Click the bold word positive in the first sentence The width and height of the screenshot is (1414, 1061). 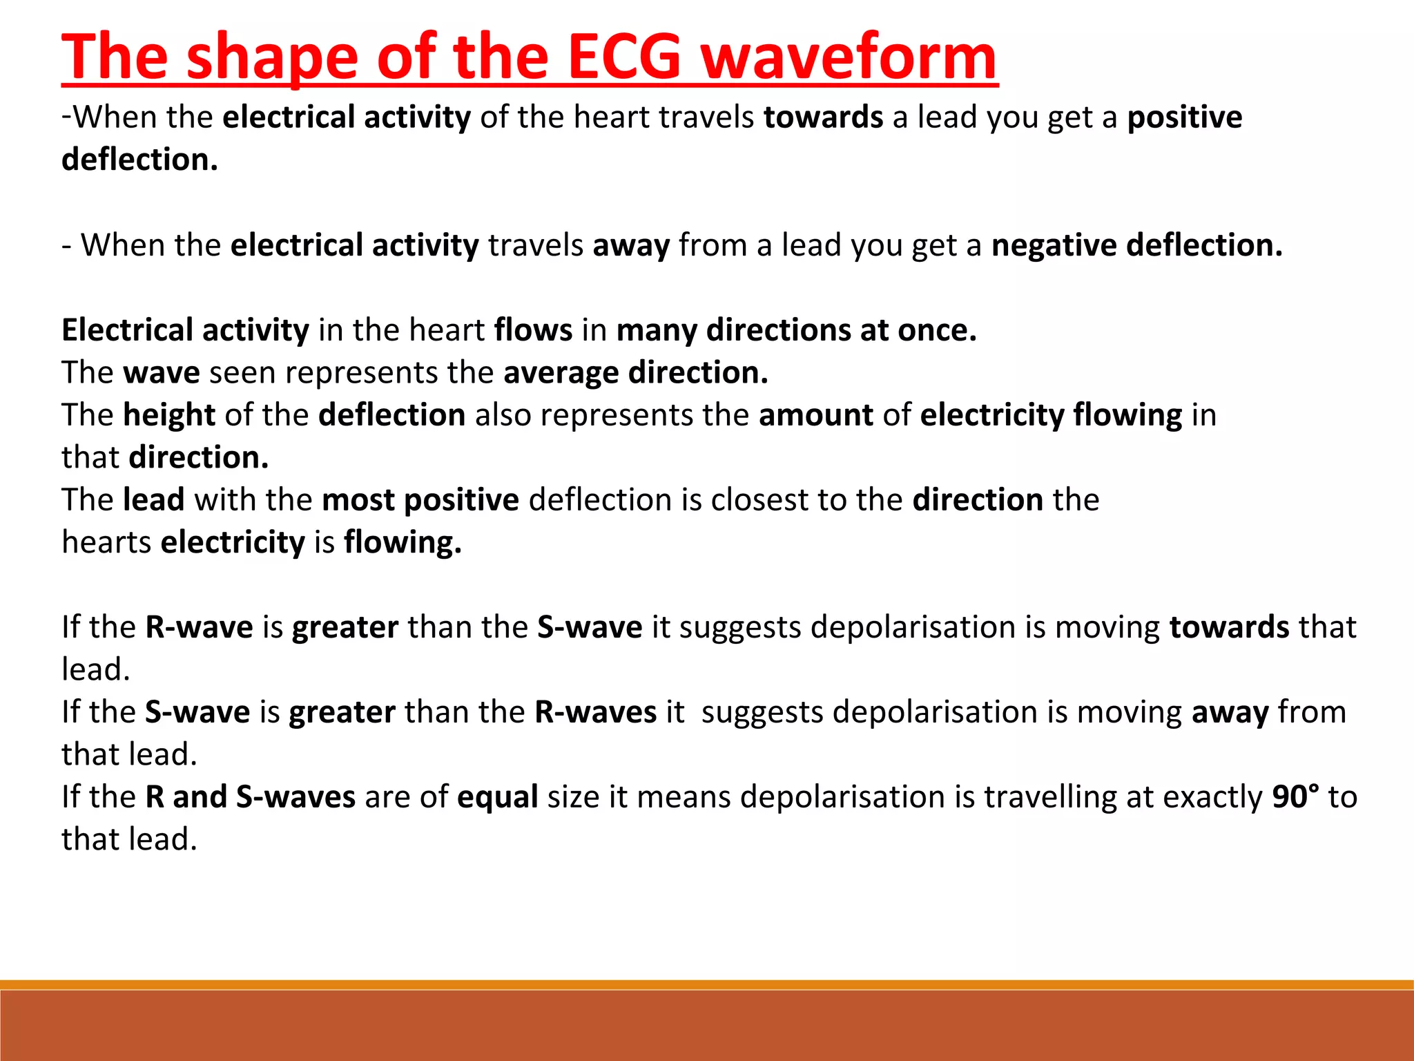1185,117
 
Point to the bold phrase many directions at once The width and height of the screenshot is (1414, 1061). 796,330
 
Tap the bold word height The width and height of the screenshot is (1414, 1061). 169,415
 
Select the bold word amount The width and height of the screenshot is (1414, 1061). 815,415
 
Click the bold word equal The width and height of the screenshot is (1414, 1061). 497,797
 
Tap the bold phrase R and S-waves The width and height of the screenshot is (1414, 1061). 250,797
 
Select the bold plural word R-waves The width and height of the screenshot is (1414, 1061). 595,712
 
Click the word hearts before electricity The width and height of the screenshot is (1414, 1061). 106,542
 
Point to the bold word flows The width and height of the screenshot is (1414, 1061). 533,330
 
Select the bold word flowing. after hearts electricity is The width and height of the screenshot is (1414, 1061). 403,542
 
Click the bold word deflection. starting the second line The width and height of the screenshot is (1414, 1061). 139,160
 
